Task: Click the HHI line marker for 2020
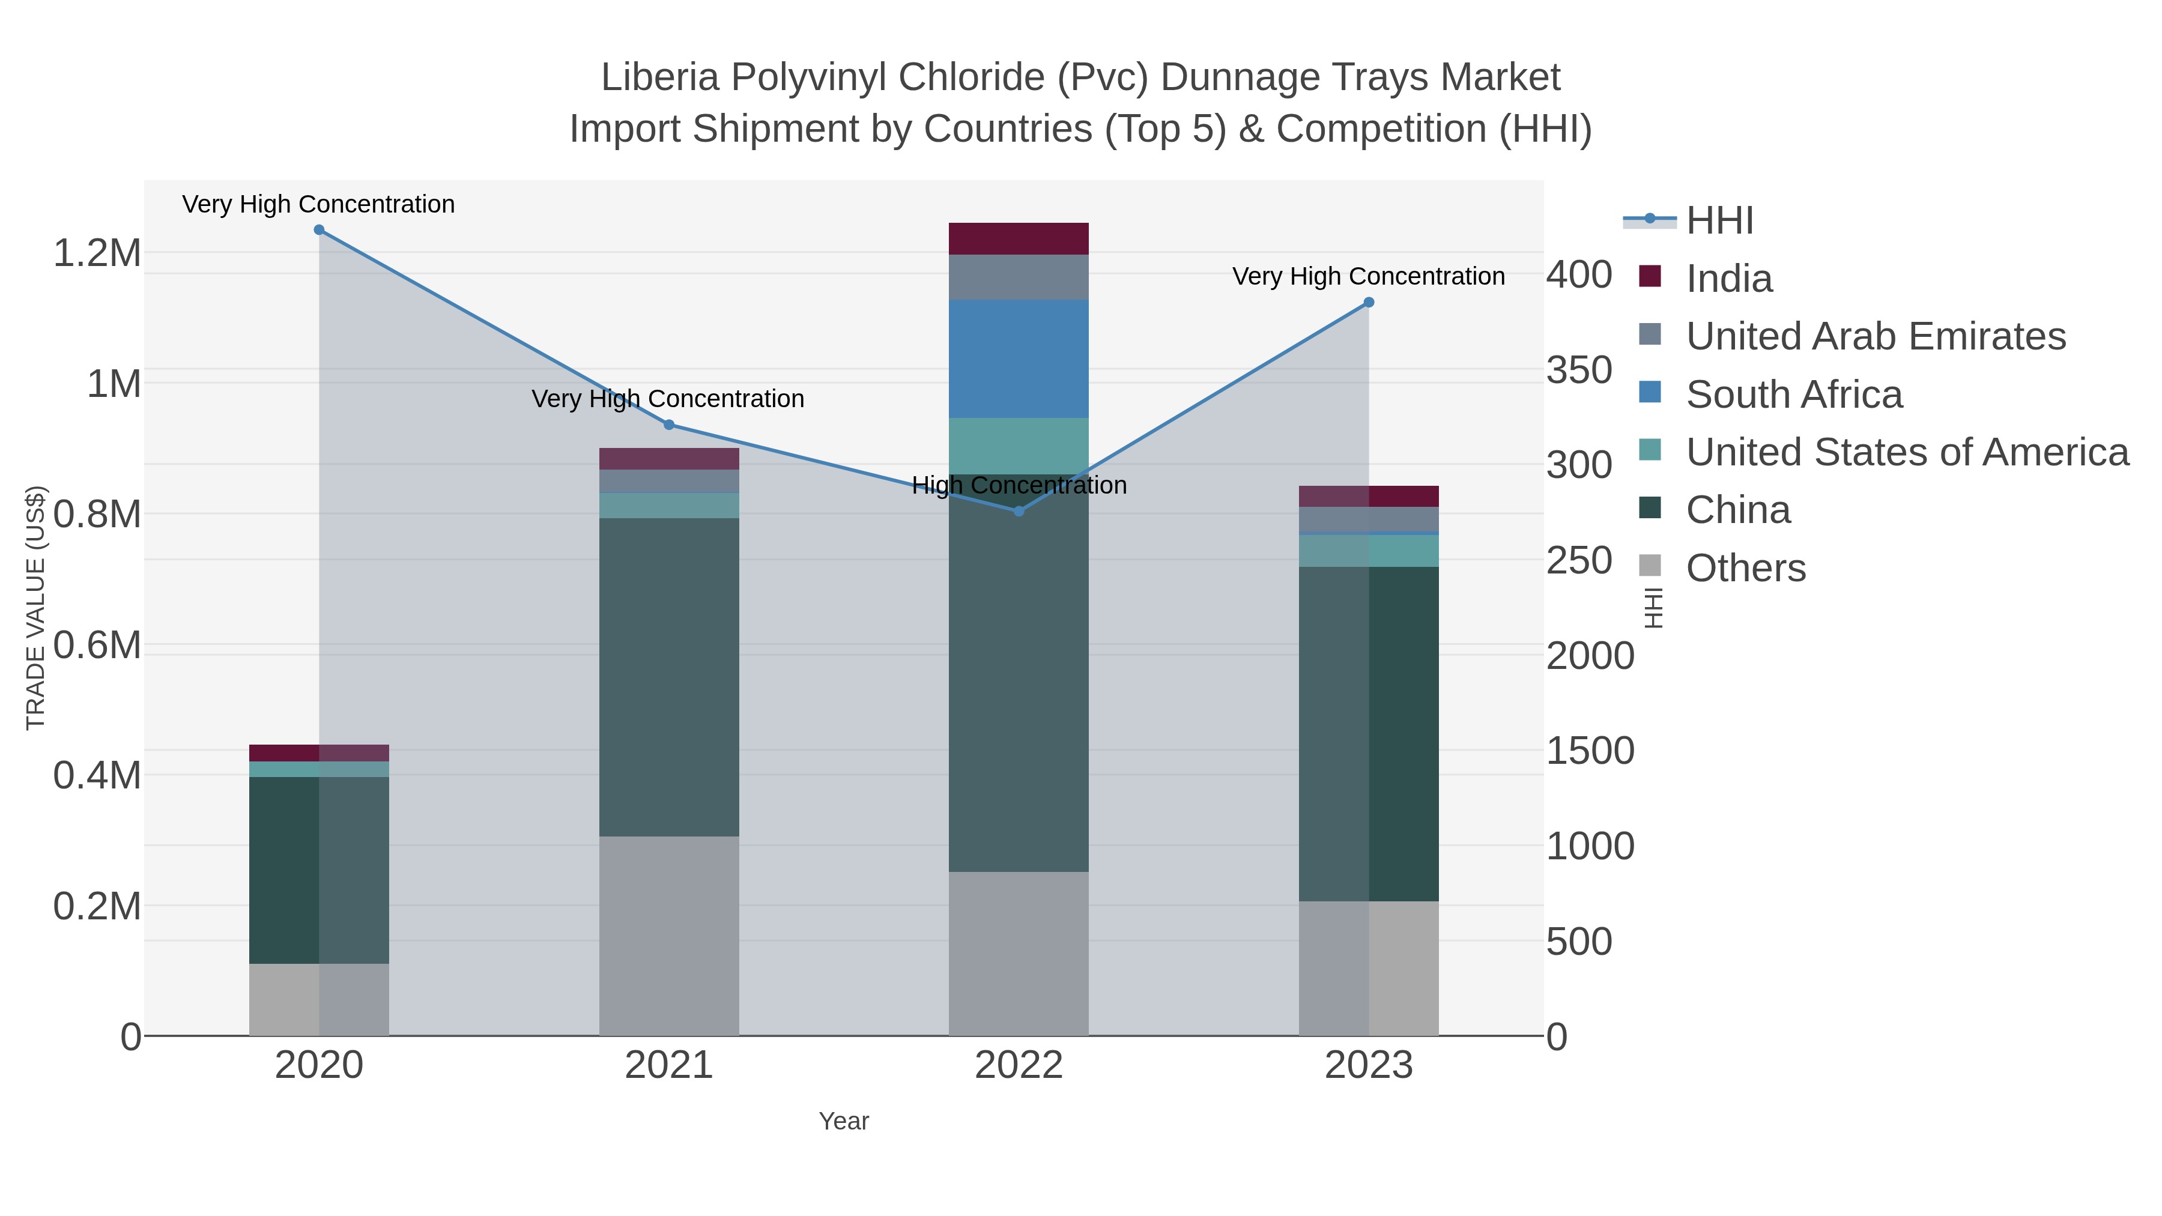[319, 230]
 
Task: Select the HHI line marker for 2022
[1019, 511]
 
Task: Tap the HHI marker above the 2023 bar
[1369, 302]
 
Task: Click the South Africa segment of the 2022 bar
[1019, 358]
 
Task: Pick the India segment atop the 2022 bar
[1019, 238]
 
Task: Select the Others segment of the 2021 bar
[669, 936]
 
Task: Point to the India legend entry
[1729, 279]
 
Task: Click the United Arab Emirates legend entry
[1875, 336]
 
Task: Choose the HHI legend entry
[1719, 221]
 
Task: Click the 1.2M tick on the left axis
[97, 253]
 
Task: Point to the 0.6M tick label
[97, 646]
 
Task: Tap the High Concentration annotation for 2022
[1019, 485]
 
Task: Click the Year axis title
[844, 1121]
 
